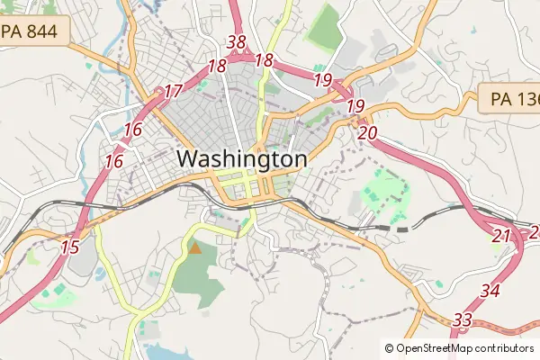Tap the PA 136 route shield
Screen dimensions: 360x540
pyautogui.click(x=510, y=99)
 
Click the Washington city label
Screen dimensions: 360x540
pyautogui.click(x=241, y=159)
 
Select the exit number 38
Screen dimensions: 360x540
pyautogui.click(x=237, y=42)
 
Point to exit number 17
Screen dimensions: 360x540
pyautogui.click(x=173, y=91)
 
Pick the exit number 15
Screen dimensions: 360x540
pyautogui.click(x=69, y=246)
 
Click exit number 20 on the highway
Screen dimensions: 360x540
pyautogui.click(x=366, y=133)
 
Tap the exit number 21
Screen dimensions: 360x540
pyautogui.click(x=501, y=236)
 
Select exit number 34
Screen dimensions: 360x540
pyautogui.click(x=490, y=291)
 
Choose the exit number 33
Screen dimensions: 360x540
pyautogui.click(x=463, y=319)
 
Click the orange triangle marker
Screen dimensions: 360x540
pyautogui.click(x=194, y=247)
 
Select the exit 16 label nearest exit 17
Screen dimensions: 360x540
pyautogui.click(x=133, y=130)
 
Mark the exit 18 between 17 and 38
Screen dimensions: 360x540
pyautogui.click(x=216, y=66)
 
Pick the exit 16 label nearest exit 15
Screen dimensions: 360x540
pyautogui.click(x=113, y=162)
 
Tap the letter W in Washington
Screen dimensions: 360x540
pyautogui.click(x=188, y=159)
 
